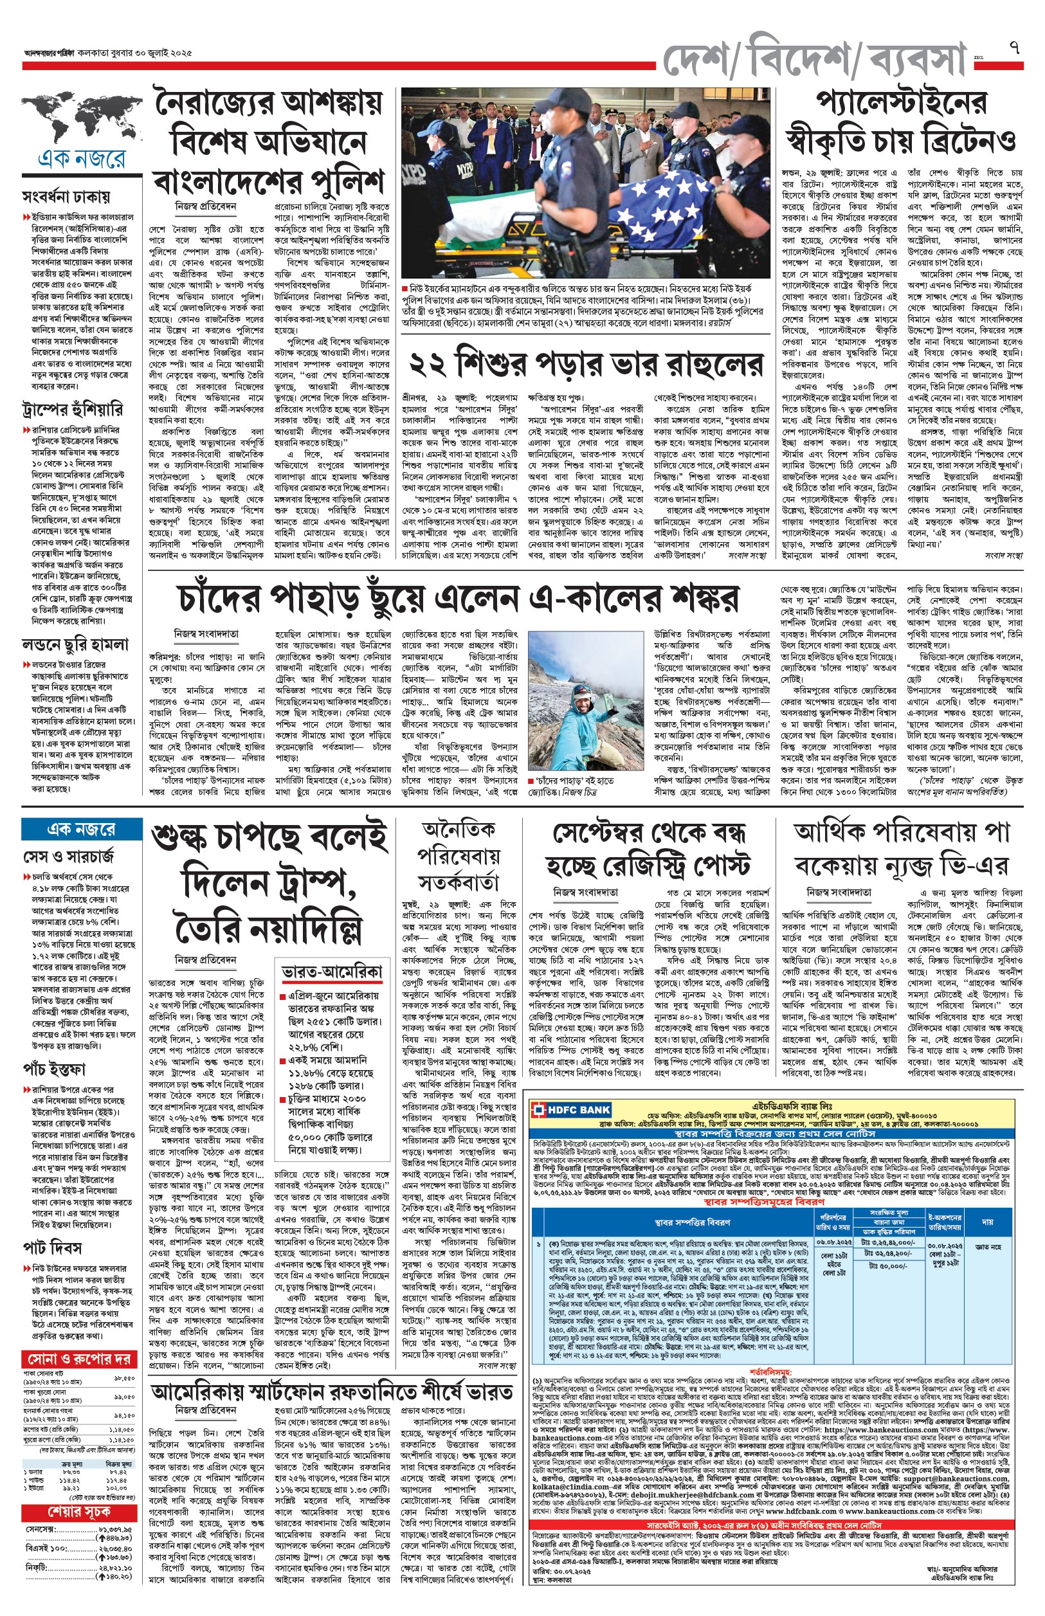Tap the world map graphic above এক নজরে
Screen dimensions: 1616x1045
point(82,116)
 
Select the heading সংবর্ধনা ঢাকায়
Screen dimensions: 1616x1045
point(66,197)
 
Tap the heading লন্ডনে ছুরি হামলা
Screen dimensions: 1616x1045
point(75,644)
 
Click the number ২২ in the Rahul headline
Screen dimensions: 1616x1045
point(428,366)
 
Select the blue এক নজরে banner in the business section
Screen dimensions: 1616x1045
point(82,829)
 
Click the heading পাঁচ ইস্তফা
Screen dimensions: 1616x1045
point(54,1071)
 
